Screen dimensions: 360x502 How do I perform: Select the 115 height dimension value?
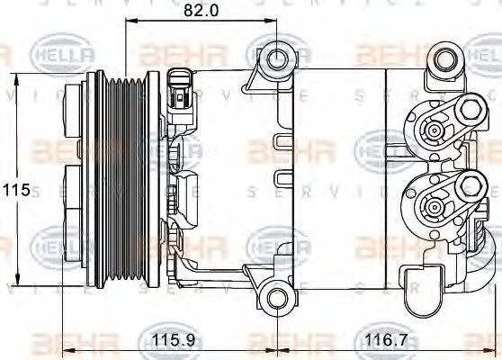[x=15, y=190]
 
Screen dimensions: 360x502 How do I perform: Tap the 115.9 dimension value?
[x=166, y=343]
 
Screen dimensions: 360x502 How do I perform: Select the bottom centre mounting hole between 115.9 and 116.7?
[x=274, y=297]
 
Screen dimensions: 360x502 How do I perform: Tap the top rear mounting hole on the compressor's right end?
[x=443, y=62]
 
